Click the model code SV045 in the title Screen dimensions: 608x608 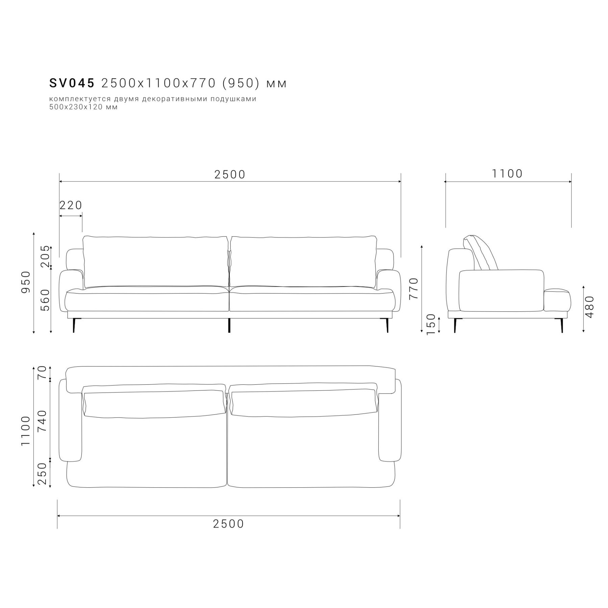click(72, 83)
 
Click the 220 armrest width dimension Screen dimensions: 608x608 click(71, 205)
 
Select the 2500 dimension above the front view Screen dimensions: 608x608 click(230, 174)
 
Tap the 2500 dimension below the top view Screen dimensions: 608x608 click(228, 524)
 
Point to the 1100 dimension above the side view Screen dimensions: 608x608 click(507, 174)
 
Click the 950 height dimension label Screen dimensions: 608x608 click(26, 282)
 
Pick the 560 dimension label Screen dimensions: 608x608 click(45, 300)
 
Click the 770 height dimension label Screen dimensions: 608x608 click(413, 288)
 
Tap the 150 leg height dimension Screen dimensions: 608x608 click(431, 325)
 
